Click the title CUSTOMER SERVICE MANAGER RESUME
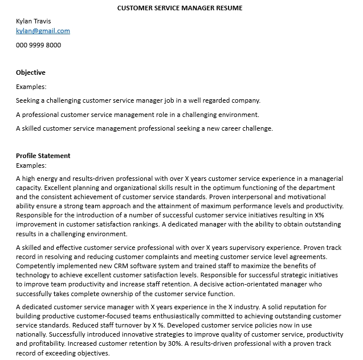180,8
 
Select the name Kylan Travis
33,21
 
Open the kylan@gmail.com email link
43,31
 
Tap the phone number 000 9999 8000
38,45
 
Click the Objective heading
31,73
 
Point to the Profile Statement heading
43,156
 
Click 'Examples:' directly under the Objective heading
31,87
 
